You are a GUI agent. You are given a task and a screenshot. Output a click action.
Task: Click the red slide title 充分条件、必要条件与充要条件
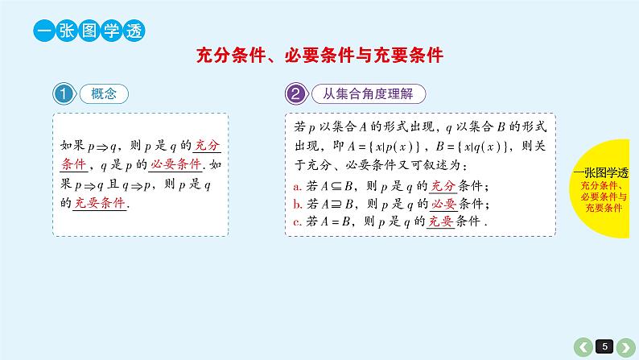pyautogui.click(x=320, y=55)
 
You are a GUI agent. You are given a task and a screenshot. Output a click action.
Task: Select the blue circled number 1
pyautogui.click(x=64, y=93)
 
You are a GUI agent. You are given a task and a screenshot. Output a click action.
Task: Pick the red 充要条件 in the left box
pyautogui.click(x=100, y=203)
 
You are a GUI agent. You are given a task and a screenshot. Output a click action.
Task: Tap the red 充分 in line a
pyautogui.click(x=444, y=185)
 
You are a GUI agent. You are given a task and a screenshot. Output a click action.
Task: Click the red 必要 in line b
pyautogui.click(x=444, y=203)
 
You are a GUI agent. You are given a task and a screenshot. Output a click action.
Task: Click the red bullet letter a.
pyautogui.click(x=296, y=186)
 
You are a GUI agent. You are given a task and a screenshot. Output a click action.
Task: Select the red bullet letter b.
pyautogui.click(x=296, y=204)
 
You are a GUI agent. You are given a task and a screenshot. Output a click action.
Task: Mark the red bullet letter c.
pyautogui.click(x=296, y=222)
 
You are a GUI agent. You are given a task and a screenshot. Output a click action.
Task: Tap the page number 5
pyautogui.click(x=607, y=346)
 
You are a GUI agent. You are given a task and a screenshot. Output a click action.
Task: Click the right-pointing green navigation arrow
pyautogui.click(x=629, y=346)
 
